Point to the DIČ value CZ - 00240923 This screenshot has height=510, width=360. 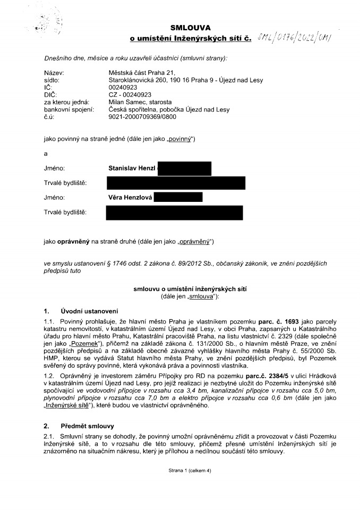(129, 95)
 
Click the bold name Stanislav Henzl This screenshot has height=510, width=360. (132, 168)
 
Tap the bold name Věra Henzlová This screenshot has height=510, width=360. (131, 198)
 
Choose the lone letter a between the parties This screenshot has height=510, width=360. (46, 154)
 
